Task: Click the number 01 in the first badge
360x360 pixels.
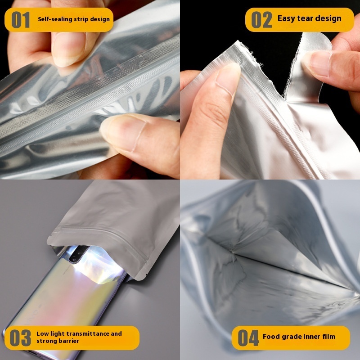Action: click(x=20, y=20)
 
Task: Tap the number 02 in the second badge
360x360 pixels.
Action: click(x=261, y=20)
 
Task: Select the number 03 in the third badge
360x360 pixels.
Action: click(x=20, y=338)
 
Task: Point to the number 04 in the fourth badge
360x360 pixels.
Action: click(x=248, y=338)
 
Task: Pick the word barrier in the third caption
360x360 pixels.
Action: click(x=69, y=341)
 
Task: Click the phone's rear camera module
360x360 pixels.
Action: click(x=77, y=254)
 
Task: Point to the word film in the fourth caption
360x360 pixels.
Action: click(x=329, y=337)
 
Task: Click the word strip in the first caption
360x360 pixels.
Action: click(x=81, y=19)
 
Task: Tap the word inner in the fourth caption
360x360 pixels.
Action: click(x=312, y=337)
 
